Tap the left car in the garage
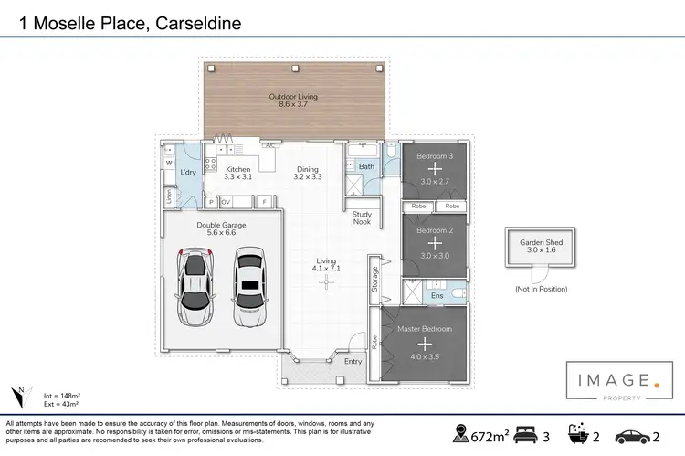click(195, 286)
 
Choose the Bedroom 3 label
click(435, 156)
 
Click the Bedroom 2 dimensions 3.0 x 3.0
click(435, 255)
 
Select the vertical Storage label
click(374, 279)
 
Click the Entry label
click(353, 361)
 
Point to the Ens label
click(437, 295)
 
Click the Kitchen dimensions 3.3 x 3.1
click(238, 176)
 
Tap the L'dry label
click(189, 173)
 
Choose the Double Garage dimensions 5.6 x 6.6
click(221, 233)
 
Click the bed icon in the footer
click(527, 432)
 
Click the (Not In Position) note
click(541, 289)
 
